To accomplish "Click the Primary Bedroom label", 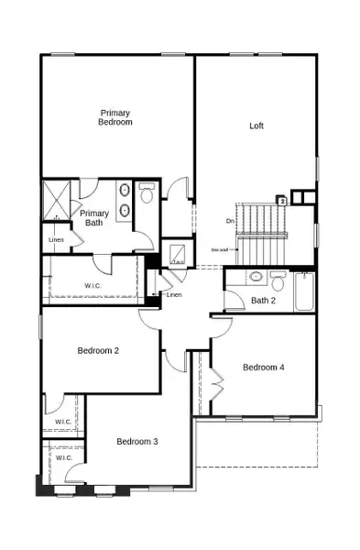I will click(x=115, y=116).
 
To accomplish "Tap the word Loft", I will click(x=256, y=126).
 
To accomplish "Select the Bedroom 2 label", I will click(x=98, y=350).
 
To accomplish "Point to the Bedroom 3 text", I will click(x=137, y=442).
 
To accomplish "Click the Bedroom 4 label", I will click(x=263, y=368).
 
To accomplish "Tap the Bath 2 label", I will click(x=264, y=300).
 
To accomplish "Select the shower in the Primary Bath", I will click(x=58, y=201).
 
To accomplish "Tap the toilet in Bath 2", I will click(x=278, y=277).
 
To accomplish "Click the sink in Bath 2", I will click(x=256, y=277).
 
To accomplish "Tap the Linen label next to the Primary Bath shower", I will click(x=56, y=239).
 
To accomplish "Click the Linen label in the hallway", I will click(x=174, y=295).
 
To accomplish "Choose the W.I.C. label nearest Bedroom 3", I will click(x=63, y=456).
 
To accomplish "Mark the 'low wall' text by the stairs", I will click(x=219, y=248).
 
